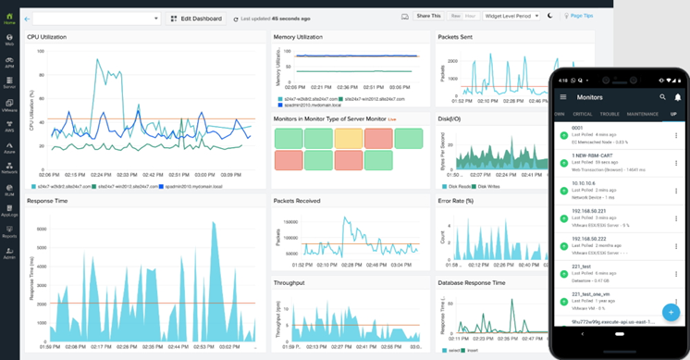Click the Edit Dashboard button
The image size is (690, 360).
click(195, 18)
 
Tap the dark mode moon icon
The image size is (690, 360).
click(549, 16)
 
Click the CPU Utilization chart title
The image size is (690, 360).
click(53, 37)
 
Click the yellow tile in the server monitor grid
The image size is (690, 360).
click(349, 138)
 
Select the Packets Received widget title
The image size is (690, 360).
click(299, 200)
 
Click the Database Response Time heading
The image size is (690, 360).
click(472, 282)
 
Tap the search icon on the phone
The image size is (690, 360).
click(662, 96)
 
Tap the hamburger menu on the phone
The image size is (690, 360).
click(563, 96)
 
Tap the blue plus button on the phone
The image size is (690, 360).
click(670, 311)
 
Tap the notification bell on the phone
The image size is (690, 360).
click(678, 96)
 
